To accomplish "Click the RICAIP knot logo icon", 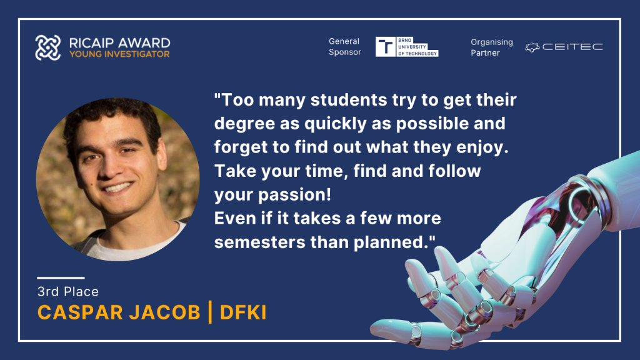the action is coord(47,47).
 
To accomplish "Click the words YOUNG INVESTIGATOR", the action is coord(119,54).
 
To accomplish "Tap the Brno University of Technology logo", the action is coord(407,46).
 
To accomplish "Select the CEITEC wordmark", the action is coord(572,47).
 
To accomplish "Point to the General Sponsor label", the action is coord(345,46).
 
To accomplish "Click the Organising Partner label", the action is coord(491,47).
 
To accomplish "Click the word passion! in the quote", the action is coord(295,195).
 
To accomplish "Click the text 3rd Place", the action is coord(67,291).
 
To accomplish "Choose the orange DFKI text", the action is coord(243,312).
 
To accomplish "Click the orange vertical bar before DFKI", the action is coord(210,312).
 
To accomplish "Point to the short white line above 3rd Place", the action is coord(61,278).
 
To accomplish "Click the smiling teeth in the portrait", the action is coord(117,187).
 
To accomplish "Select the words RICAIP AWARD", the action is coord(119,43).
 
